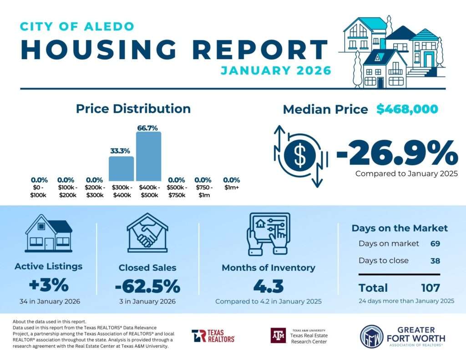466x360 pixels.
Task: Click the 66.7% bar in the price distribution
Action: click(148, 156)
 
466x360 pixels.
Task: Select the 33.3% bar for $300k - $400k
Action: click(121, 168)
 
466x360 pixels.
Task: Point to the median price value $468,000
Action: click(407, 109)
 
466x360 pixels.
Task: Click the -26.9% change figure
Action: click(397, 153)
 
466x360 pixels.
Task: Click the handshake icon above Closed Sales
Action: click(147, 233)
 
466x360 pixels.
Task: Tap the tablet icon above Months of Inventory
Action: click(268, 233)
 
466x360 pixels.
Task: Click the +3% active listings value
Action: click(48, 286)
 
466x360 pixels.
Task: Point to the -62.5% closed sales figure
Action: click(147, 287)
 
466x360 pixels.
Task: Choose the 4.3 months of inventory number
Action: click(268, 287)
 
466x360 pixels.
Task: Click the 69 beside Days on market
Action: click(435, 243)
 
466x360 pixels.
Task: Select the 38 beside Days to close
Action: click(435, 261)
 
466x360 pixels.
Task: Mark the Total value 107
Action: click(430, 288)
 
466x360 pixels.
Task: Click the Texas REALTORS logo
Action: click(213, 336)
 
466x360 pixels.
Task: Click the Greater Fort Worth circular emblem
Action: click(371, 336)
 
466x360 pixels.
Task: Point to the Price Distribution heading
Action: click(133, 109)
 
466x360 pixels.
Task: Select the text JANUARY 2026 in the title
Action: click(275, 71)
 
